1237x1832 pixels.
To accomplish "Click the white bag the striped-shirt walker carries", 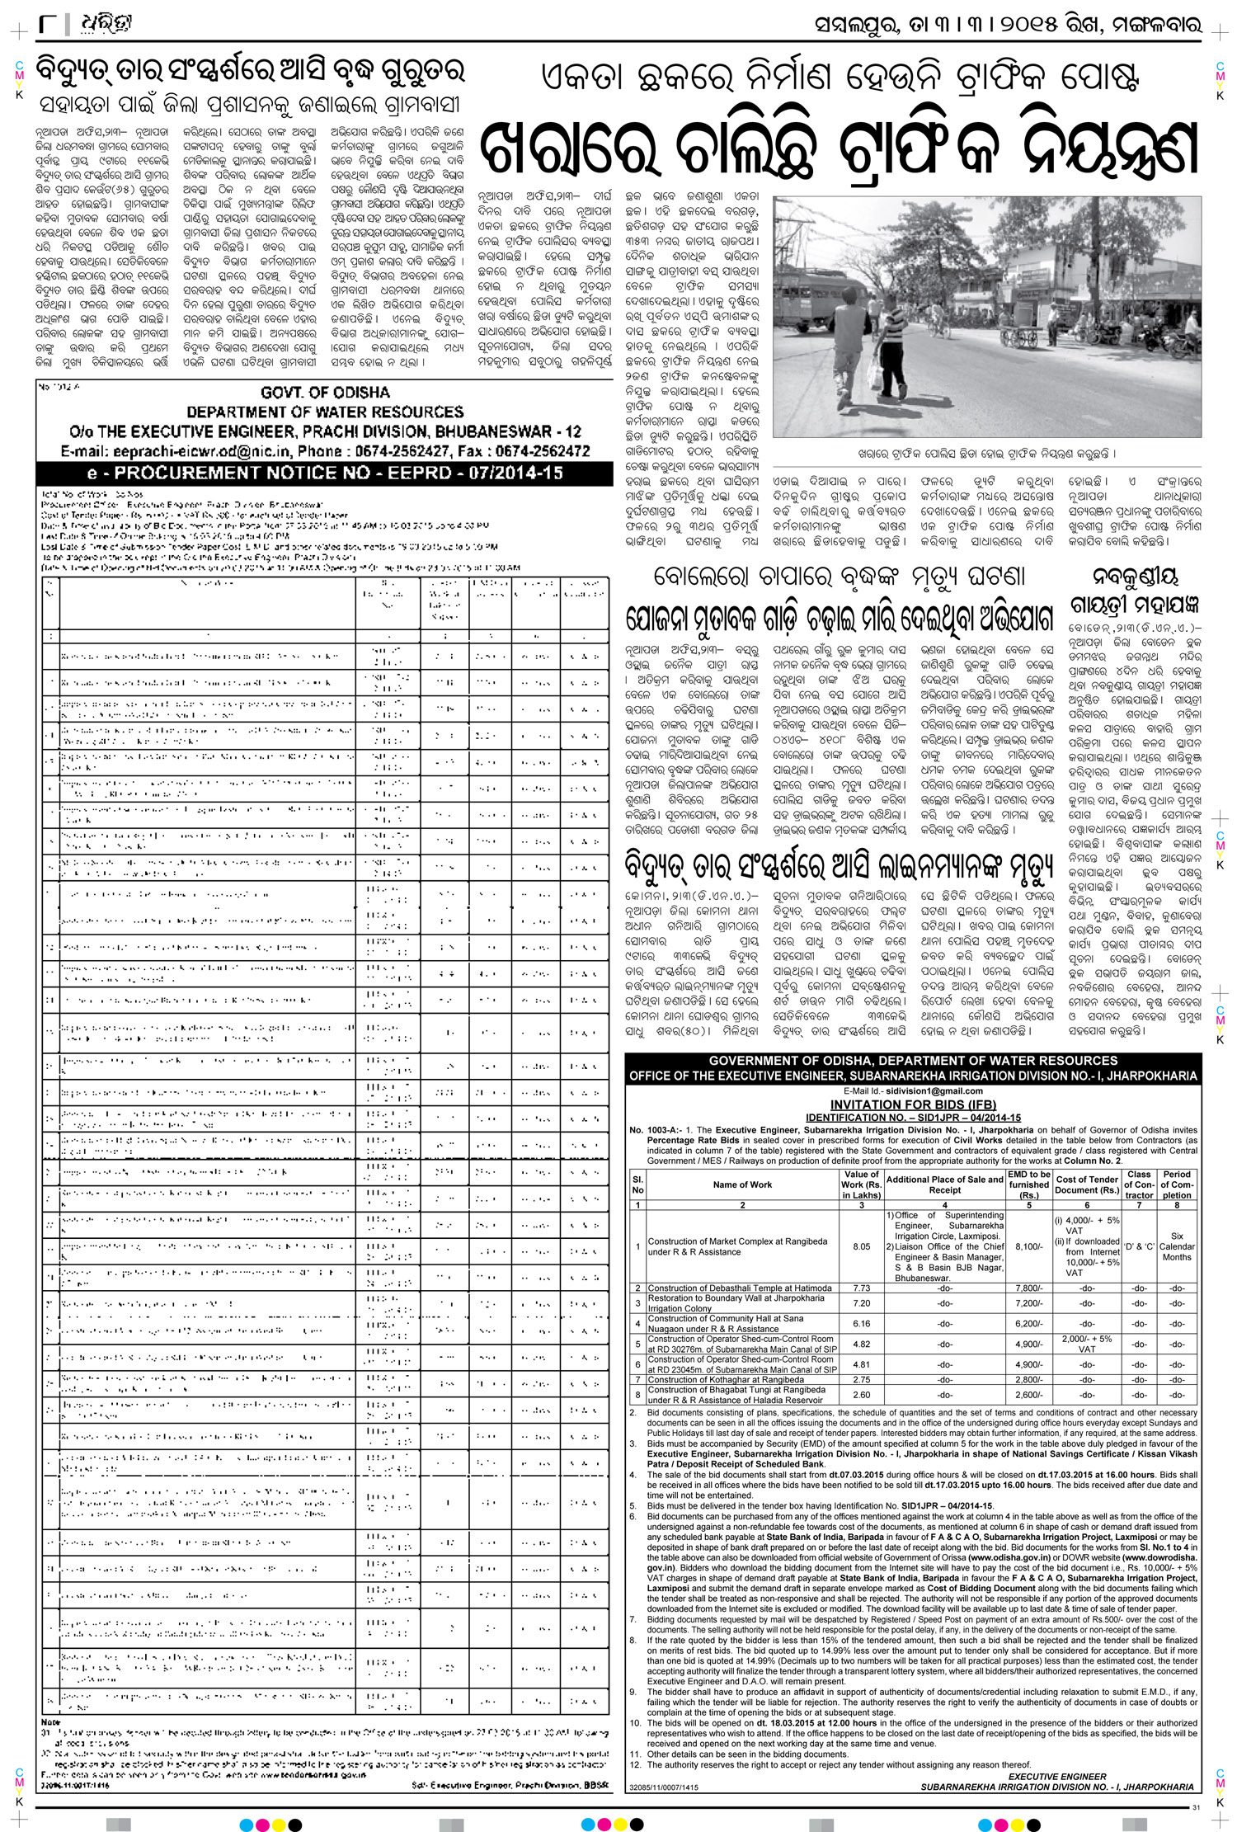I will coord(876,375).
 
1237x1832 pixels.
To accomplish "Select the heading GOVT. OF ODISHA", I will coord(325,393).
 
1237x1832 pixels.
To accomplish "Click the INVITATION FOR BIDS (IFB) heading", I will coord(913,1104).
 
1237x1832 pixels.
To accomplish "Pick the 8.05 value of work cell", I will coord(862,1246).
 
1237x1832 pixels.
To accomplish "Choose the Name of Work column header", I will coord(742,1184).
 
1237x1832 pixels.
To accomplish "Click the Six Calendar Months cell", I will coord(1177,1246).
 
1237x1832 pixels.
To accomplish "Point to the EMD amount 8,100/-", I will coord(1029,1246).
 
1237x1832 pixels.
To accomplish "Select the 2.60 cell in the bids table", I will coord(862,1395).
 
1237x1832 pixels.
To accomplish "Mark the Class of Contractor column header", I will coord(1139,1184).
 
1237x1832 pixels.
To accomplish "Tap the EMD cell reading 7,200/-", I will coord(1029,1303).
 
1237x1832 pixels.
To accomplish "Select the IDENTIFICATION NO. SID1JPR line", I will coord(913,1117).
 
